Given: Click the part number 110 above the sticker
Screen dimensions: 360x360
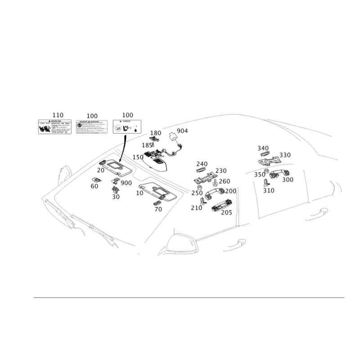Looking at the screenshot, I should (58, 116).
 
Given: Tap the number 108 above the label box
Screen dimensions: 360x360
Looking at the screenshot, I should (128, 116).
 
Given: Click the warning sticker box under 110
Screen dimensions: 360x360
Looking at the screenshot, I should (55, 127).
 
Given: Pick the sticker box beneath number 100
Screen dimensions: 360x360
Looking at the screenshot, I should (91, 127).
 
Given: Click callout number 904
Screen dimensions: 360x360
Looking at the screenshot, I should (182, 130).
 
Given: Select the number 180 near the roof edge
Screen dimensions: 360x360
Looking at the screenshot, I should (155, 133).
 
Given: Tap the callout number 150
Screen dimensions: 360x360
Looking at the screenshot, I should (138, 156).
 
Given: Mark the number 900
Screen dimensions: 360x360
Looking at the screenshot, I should (126, 183).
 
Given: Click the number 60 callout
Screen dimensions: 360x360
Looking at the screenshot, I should (94, 186).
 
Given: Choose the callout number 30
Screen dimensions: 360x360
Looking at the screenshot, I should (116, 197).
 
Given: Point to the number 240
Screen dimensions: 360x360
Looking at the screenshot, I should (202, 164).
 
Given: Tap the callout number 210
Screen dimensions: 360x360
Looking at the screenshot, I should (196, 207).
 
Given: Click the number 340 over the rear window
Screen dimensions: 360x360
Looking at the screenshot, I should (263, 148).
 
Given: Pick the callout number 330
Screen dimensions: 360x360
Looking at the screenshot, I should (285, 155).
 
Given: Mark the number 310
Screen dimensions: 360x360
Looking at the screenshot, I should (269, 190).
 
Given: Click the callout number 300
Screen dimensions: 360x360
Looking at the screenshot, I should (288, 179).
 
